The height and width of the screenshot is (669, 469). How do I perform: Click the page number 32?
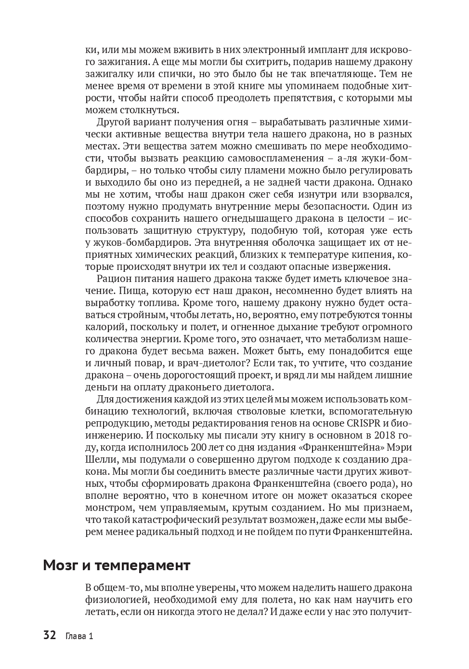pyautogui.click(x=50, y=635)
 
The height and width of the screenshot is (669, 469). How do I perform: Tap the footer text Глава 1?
pyautogui.click(x=79, y=636)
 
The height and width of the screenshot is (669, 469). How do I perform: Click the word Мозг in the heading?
pyautogui.click(x=61, y=565)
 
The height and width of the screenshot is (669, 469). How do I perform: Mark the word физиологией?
pyautogui.click(x=114, y=600)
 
